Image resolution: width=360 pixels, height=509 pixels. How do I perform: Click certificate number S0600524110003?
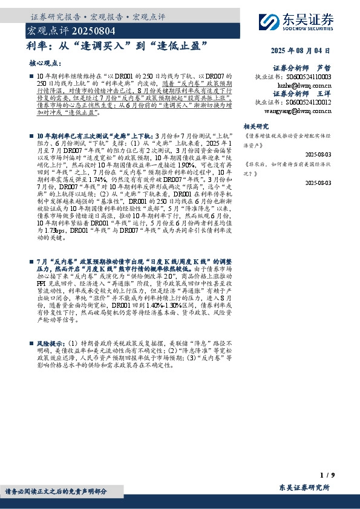310,77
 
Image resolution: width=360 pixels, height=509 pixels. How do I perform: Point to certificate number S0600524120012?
310,103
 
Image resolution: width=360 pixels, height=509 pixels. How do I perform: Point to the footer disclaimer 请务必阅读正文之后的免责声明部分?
56,491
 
